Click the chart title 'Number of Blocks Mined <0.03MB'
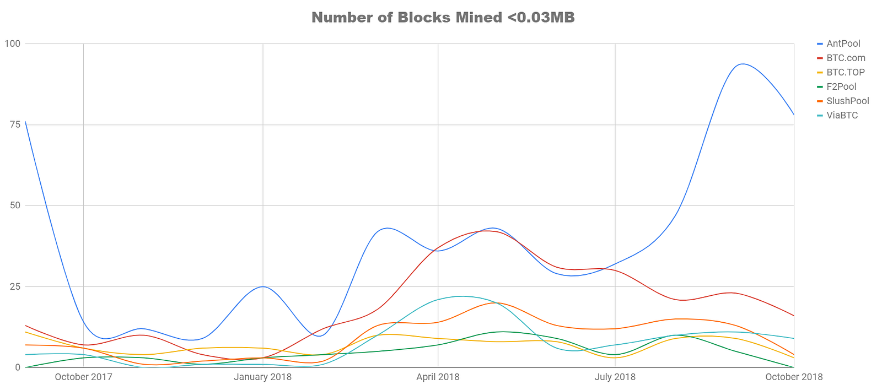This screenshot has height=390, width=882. click(x=443, y=18)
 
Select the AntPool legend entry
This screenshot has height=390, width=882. click(x=843, y=44)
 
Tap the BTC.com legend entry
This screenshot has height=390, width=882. click(x=845, y=58)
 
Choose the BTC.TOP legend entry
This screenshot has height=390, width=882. click(x=845, y=72)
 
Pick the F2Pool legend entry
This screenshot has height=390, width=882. click(x=841, y=86)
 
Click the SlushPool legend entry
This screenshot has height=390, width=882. click(x=847, y=101)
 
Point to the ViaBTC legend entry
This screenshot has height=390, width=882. click(x=842, y=115)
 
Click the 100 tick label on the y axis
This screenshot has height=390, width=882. click(x=12, y=44)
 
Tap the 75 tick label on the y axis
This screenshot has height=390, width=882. click(x=14, y=124)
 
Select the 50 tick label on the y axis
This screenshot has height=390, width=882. click(x=14, y=205)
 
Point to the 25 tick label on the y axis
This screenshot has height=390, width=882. click(x=14, y=286)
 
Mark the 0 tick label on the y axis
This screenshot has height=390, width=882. click(x=18, y=367)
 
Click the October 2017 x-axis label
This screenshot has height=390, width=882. click(x=83, y=377)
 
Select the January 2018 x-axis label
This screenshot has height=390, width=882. click(x=262, y=377)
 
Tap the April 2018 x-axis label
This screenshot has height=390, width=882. click(x=438, y=377)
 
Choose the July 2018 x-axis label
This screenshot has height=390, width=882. click(x=615, y=377)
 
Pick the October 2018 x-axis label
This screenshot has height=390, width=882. click(x=793, y=377)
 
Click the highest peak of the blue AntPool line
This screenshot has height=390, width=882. click(x=743, y=64)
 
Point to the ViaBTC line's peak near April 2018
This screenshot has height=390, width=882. click(x=462, y=296)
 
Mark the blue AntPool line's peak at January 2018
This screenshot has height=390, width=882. click(x=263, y=286)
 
